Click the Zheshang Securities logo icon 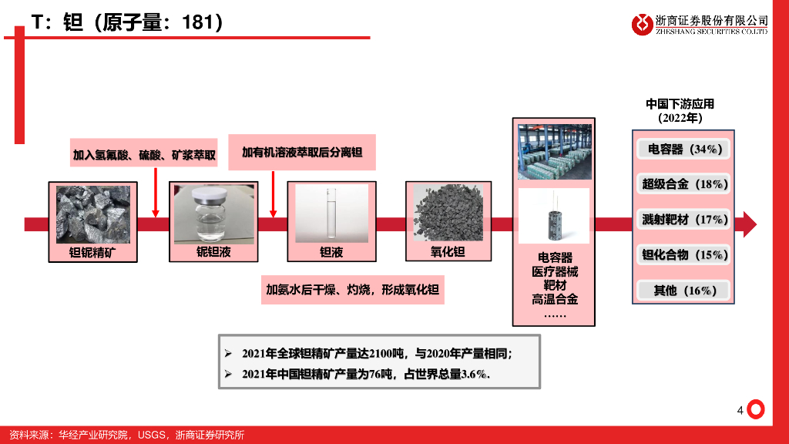[x=642, y=24]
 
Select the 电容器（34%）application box [x=684, y=149]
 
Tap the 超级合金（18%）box [x=684, y=184]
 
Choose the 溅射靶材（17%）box [x=684, y=220]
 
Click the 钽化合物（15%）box [x=684, y=255]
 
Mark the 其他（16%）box [x=684, y=291]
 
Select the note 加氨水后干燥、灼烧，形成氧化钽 [x=352, y=290]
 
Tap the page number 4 [x=740, y=411]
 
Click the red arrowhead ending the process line [x=747, y=224]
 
